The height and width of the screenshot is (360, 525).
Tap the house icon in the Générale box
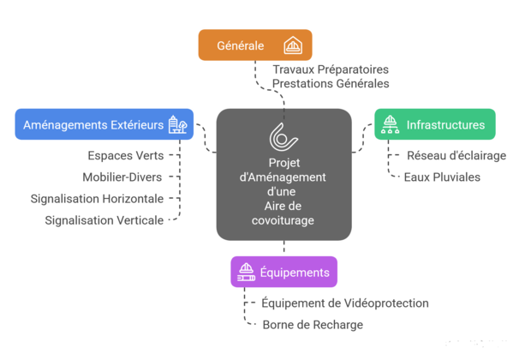pyautogui.click(x=292, y=45)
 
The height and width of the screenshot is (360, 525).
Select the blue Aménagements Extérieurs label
pyautogui.click(x=92, y=125)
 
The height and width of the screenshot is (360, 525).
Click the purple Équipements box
pyautogui.click(x=283, y=273)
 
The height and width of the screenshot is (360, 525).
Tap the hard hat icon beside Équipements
pyautogui.click(x=245, y=273)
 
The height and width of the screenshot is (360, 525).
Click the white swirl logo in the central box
pyautogui.click(x=283, y=136)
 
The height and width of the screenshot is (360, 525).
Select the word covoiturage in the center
pyautogui.click(x=283, y=220)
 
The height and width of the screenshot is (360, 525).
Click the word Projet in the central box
pyautogui.click(x=283, y=163)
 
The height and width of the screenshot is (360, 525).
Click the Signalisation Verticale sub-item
pyautogui.click(x=104, y=220)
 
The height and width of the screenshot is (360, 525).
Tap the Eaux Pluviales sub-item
pyautogui.click(x=442, y=177)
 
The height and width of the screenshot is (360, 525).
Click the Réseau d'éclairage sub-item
pyautogui.click(x=442, y=156)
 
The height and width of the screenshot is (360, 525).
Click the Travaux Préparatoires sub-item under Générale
pyautogui.click(x=331, y=68)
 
